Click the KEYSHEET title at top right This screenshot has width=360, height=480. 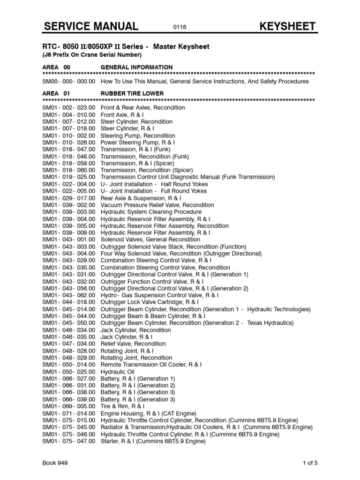(288, 26)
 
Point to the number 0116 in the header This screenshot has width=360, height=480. (180, 27)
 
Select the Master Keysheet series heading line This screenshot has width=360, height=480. (126, 47)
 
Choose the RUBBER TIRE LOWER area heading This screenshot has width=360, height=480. (132, 94)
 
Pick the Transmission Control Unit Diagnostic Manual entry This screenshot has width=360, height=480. (188, 177)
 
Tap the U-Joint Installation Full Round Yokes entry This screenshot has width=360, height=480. (154, 191)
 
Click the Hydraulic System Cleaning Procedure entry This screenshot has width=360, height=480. (151, 212)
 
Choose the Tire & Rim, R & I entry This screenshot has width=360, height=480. (123, 406)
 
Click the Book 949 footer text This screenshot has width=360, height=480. (55, 463)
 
